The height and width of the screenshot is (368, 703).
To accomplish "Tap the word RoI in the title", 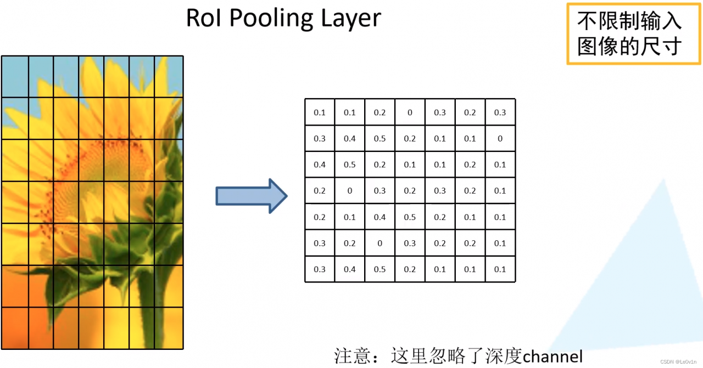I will click(203, 18).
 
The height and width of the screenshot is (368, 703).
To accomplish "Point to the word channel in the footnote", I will click(553, 356).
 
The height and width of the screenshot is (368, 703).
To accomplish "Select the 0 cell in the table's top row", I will click(410, 112).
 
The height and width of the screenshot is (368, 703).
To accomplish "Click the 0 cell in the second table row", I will click(500, 139).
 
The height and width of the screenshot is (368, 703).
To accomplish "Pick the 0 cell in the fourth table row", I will click(350, 191).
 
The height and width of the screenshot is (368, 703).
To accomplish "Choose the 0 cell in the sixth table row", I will click(380, 243).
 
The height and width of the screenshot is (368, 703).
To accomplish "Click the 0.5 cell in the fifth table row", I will click(410, 217).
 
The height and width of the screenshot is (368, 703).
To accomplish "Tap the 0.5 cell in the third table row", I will click(350, 165).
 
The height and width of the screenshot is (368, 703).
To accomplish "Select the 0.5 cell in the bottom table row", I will click(380, 269).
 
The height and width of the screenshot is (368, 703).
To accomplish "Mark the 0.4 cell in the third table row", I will click(320, 165).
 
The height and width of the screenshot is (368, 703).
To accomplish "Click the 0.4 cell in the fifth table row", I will click(380, 217).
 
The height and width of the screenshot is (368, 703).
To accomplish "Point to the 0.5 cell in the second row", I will click(380, 139).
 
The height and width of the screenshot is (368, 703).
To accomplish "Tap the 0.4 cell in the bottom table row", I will click(350, 269).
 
